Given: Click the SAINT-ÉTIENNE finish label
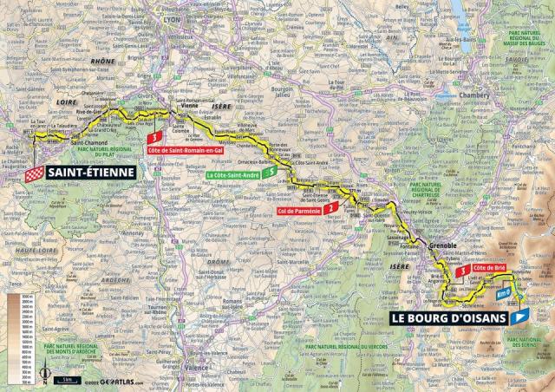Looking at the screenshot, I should point(89,173).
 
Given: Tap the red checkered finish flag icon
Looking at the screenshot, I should point(34,173).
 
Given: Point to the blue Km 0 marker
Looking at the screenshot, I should point(503,293).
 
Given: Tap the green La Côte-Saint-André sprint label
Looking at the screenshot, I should point(233,175).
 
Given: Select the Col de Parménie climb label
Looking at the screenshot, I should point(302,210).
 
